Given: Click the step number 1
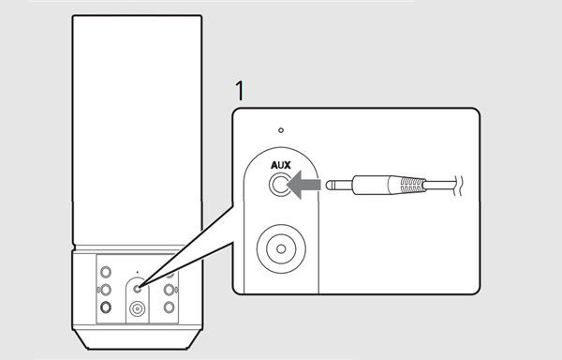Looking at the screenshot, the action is pyautogui.click(x=240, y=91).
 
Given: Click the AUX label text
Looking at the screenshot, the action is pyautogui.click(x=281, y=165).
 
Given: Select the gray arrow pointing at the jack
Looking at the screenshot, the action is pyautogui.click(x=303, y=185).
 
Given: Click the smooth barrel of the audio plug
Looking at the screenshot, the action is pyautogui.click(x=371, y=185).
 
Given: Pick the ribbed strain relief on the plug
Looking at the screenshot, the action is pyautogui.click(x=407, y=186).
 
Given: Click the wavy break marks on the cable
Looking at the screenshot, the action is pyautogui.click(x=458, y=186).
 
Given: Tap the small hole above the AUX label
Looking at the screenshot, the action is pyautogui.click(x=281, y=130).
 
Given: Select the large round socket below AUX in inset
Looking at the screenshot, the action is pyautogui.click(x=281, y=248).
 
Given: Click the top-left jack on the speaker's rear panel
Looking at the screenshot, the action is pyautogui.click(x=106, y=272).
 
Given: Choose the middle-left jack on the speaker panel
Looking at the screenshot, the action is pyautogui.click(x=105, y=289).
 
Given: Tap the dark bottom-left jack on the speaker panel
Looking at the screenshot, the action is pyautogui.click(x=106, y=307).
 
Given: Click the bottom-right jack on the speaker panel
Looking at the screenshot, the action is pyautogui.click(x=170, y=307).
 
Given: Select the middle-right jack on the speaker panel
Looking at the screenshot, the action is pyautogui.click(x=170, y=290).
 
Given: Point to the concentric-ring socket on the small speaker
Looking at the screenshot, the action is pyautogui.click(x=138, y=308).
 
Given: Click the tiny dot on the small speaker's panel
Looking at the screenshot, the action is pyautogui.click(x=138, y=273).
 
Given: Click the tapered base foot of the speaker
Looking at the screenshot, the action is pyautogui.click(x=138, y=339).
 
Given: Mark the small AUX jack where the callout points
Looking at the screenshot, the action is pyautogui.click(x=137, y=289).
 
